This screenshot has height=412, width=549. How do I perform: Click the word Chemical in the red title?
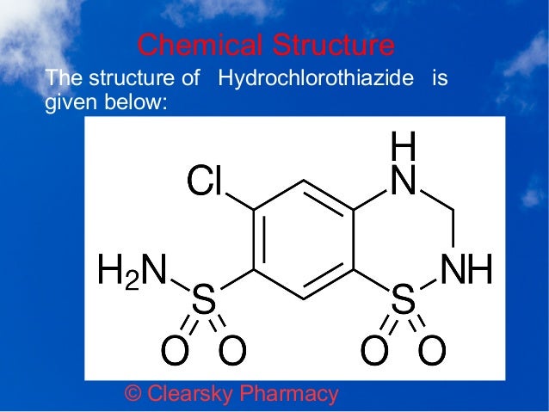(200, 45)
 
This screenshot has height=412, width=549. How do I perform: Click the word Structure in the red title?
(334, 45)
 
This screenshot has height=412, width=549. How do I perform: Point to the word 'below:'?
(136, 101)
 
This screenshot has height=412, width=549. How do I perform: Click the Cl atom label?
(205, 181)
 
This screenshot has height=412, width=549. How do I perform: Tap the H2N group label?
(132, 269)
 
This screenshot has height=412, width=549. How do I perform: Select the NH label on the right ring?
(466, 268)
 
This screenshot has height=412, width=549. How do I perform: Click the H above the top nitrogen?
(404, 145)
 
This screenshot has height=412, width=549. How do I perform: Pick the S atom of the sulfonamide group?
(203, 298)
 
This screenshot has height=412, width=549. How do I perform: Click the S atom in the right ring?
(403, 298)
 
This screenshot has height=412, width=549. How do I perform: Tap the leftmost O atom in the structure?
(175, 350)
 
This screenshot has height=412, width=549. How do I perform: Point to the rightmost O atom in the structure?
(433, 350)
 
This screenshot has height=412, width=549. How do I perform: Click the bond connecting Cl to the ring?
(240, 201)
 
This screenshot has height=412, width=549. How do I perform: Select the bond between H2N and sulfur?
(180, 285)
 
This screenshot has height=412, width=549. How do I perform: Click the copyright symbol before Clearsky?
(133, 393)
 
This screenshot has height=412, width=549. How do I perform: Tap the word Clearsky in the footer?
(189, 394)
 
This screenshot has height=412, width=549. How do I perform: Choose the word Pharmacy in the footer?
(289, 394)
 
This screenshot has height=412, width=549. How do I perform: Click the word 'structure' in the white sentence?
(132, 77)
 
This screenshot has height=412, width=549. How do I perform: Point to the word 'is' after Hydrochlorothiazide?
(440, 77)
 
